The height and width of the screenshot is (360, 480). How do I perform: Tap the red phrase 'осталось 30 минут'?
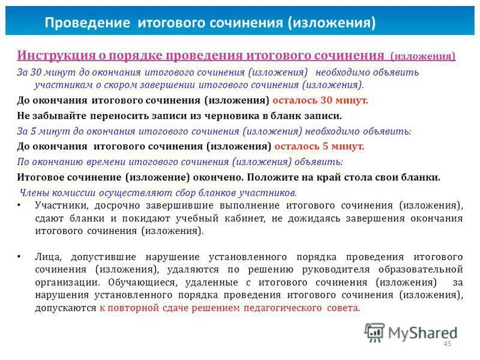coord(320,100)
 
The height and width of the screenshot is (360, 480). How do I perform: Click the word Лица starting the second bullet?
coord(46,256)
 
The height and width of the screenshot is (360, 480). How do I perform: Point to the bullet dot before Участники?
coord(20,205)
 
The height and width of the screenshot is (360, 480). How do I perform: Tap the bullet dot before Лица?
coord(20,256)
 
